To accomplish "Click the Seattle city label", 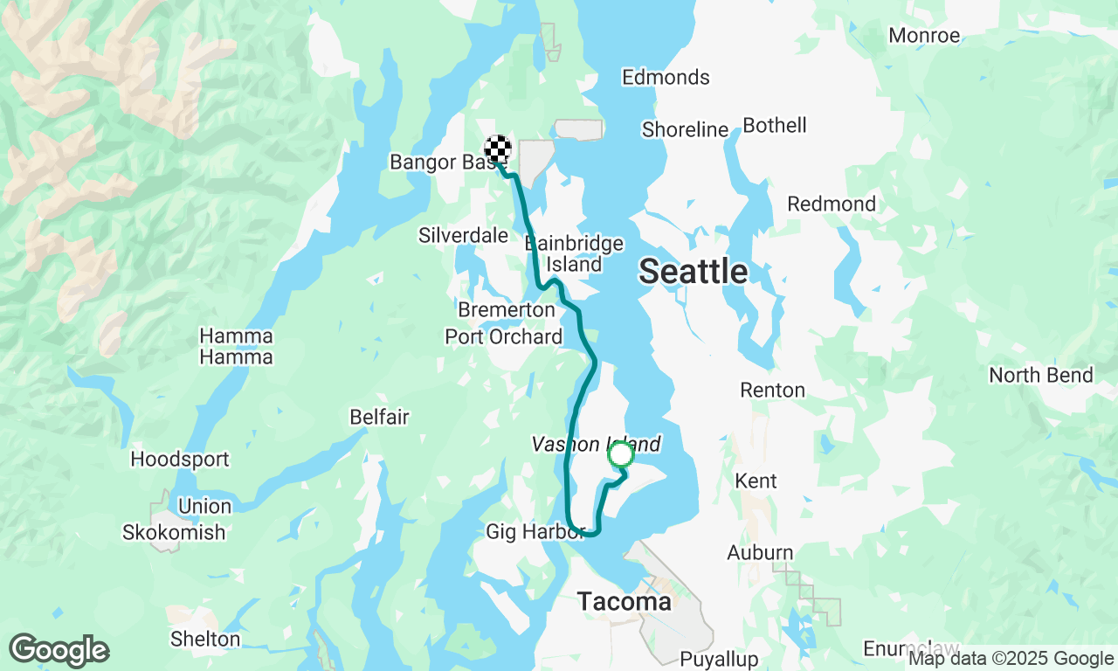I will (x=693, y=272).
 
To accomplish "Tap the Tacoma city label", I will (x=625, y=602).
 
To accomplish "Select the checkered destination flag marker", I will (x=498, y=149).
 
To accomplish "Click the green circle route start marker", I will (x=621, y=454).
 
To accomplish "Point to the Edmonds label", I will (x=666, y=77).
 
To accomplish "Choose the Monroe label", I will (x=924, y=36).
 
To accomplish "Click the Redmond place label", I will (x=832, y=204).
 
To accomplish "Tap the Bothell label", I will (x=775, y=125).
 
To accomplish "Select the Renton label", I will (x=772, y=390).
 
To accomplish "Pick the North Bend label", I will (x=1040, y=375).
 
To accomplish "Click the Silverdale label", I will (x=463, y=235).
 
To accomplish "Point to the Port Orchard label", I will (x=504, y=336).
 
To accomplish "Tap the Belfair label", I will (x=379, y=417).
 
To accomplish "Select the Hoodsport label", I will (x=180, y=459).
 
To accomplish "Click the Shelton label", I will (x=205, y=639).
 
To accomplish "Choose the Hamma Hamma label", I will (x=236, y=346).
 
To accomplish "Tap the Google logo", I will (x=59, y=651).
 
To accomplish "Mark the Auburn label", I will (x=760, y=552).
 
